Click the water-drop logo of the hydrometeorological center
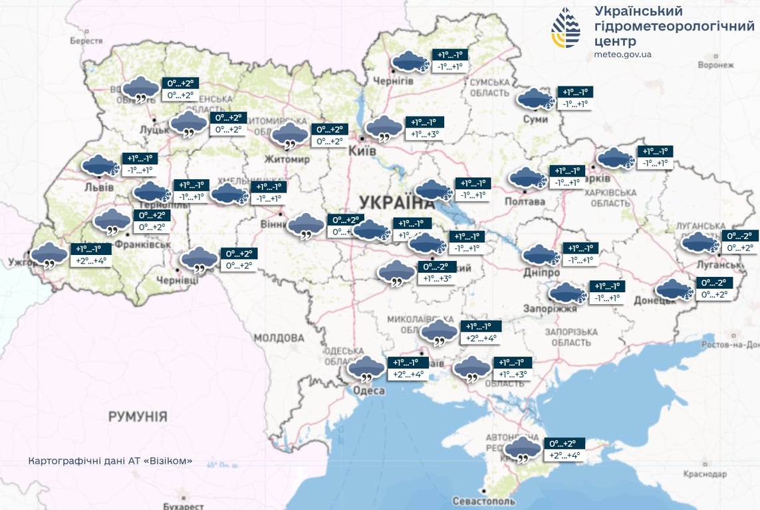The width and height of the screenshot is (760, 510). [x=565, y=29]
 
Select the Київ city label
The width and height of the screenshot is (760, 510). [x=363, y=151]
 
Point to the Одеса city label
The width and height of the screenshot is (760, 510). [x=368, y=391]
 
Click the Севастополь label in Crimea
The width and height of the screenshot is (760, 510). [x=483, y=500]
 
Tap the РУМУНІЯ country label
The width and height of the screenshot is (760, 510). [x=138, y=417]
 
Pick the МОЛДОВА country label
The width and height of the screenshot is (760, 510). [x=279, y=338]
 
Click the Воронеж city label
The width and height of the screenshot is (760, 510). [x=716, y=65]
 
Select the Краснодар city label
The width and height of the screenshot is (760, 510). [x=704, y=474]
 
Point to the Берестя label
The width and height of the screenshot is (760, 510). [x=86, y=41]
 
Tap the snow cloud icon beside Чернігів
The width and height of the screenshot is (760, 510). [x=410, y=61]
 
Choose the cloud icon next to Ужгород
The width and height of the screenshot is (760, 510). [x=49, y=255]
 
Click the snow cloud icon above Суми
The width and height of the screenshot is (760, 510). [x=536, y=98]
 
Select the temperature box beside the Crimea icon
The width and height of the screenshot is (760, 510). [x=564, y=450]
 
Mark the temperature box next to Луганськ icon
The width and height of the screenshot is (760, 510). [x=740, y=242]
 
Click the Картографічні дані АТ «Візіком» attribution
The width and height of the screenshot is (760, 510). [x=110, y=460]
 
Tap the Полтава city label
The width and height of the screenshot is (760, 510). [x=525, y=201]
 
